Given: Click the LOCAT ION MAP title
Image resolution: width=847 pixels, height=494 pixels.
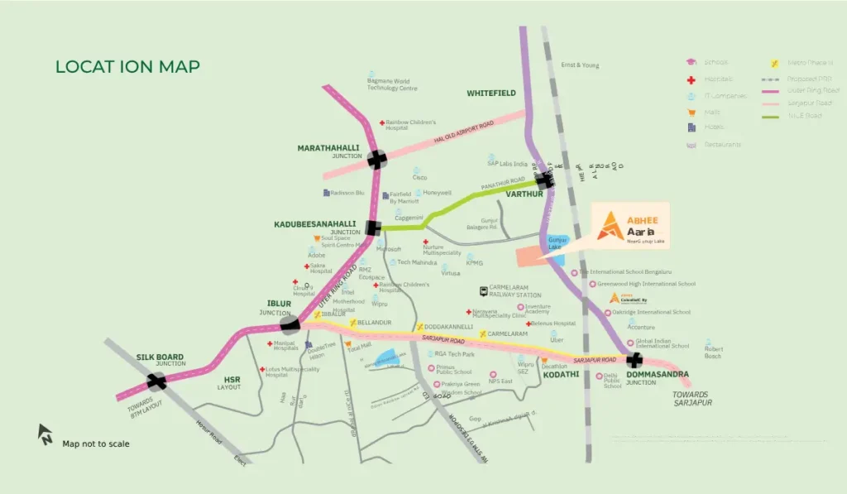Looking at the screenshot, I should [x=127, y=66].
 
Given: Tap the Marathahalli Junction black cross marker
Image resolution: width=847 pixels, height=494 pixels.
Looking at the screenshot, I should [x=377, y=160].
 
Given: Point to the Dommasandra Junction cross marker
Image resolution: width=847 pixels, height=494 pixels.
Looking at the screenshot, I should [x=634, y=360].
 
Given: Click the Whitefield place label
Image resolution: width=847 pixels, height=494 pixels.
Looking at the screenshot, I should [x=491, y=94].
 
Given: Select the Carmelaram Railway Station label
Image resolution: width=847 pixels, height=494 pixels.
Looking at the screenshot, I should [x=514, y=291].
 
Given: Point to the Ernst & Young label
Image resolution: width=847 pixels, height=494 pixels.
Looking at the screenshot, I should [x=580, y=65].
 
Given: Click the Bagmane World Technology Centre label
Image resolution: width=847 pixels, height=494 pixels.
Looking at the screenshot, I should [x=392, y=84].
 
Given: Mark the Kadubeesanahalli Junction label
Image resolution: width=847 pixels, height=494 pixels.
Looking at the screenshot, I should [x=315, y=228].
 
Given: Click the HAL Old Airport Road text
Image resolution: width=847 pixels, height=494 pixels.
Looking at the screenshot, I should [x=463, y=134].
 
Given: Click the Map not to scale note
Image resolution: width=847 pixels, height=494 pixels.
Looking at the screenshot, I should [x=96, y=444].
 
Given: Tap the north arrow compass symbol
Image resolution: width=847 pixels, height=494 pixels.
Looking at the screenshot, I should [x=45, y=433].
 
